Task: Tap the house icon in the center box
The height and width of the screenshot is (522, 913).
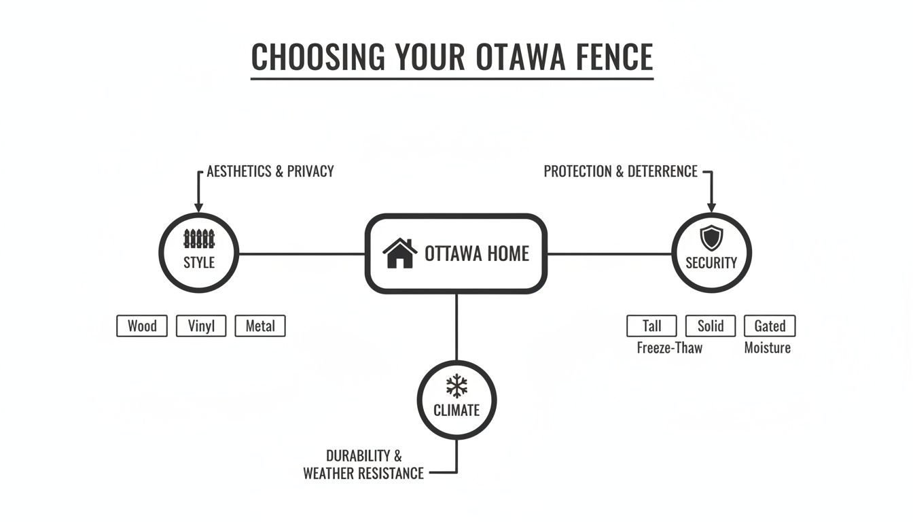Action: pos(400,254)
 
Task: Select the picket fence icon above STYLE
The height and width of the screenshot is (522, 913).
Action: pos(199,239)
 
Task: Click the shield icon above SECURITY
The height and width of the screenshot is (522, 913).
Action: pos(711,238)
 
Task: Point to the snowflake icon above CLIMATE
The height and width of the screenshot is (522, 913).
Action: pos(456,387)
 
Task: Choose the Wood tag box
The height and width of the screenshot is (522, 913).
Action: pos(142,326)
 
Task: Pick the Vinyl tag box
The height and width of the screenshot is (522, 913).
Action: pos(201,326)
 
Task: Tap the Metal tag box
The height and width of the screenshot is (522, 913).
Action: pos(260,326)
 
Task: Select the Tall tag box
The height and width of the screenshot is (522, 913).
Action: pos(652,326)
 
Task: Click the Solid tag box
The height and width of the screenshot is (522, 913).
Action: pos(711,326)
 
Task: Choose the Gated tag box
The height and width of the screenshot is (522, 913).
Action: pos(770,326)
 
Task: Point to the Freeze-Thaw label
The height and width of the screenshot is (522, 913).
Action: pos(670,348)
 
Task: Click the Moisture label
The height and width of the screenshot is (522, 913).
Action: pos(768,348)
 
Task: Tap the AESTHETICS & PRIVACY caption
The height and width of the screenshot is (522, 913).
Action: pos(270,171)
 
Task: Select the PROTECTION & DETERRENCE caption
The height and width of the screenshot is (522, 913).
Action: pos(621,171)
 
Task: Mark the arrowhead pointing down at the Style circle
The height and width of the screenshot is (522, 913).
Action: pos(199,205)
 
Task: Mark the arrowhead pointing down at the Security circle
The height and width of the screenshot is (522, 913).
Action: pos(711,205)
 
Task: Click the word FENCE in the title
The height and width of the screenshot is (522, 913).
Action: pos(613,57)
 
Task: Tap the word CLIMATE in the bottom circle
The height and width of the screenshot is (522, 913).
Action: pos(456,411)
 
